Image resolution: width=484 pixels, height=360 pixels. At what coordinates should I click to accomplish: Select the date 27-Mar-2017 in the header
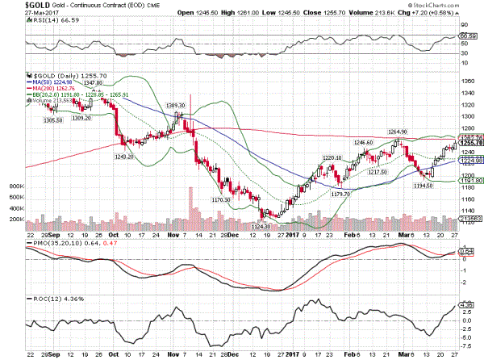18,14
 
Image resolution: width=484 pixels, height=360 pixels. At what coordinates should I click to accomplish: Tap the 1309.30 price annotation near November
177,106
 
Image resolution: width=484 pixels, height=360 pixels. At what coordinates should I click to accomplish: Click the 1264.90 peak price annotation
399,132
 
